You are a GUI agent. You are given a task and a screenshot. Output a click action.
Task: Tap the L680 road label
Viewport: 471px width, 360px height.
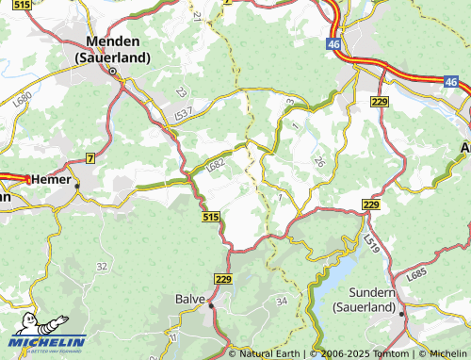[24, 98]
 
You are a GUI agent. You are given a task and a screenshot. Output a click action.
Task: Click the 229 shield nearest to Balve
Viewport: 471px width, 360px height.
[223, 279]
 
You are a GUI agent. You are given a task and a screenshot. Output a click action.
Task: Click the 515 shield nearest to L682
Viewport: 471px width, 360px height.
[211, 217]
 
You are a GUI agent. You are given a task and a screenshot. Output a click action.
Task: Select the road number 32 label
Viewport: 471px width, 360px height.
[101, 267]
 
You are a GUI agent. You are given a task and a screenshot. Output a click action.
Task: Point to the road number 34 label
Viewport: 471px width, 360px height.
[281, 301]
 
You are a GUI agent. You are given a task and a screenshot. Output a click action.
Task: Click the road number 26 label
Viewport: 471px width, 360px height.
[318, 162]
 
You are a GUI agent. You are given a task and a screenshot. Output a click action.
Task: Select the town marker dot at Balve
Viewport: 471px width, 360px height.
[212, 305]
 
